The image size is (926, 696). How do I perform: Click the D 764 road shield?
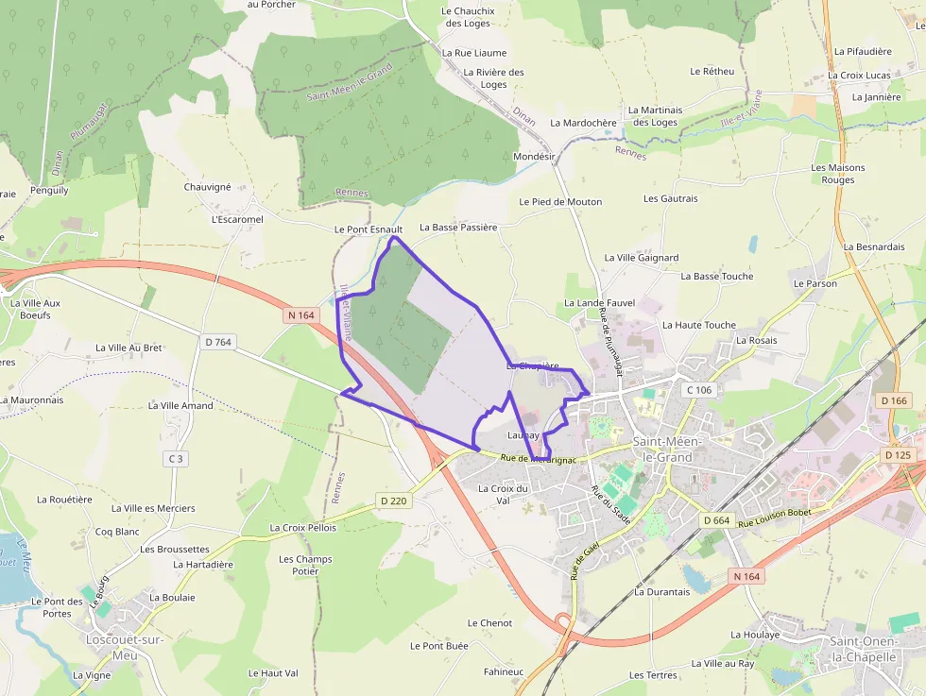pos(218,342)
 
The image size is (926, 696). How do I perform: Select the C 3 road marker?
pos(175,459)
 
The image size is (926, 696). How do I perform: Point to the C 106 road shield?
pos(698,390)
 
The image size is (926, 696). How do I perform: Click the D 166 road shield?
pos(894,401)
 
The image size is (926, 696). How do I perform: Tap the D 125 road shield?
pos(899,455)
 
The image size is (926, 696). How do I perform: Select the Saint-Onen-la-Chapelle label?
pos(863,649)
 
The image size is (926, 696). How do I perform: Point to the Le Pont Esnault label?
pos(369,229)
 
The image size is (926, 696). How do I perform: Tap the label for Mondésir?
pos(533,156)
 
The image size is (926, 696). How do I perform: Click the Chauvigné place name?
pos(207,187)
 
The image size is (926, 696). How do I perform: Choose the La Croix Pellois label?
pos(302,528)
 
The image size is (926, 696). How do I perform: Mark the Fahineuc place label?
pos(503,671)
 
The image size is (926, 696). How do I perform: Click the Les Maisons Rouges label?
pos(838,174)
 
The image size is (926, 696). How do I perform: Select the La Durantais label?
pos(662,592)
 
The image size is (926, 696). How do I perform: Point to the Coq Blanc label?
pos(117,532)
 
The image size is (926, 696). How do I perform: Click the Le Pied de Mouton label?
pos(560,202)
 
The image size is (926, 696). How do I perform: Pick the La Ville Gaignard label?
pos(642,258)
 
